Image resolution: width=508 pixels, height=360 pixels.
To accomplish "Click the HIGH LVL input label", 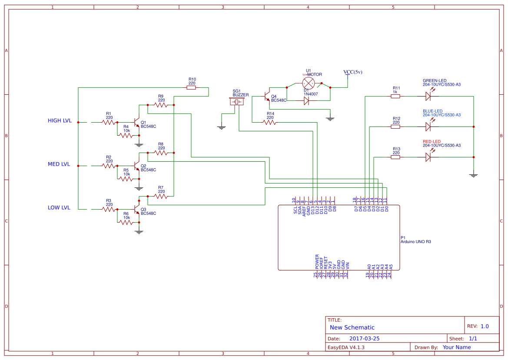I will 60,121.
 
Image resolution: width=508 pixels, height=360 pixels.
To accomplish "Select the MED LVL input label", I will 59,164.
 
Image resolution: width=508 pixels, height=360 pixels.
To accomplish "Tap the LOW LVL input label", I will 59,208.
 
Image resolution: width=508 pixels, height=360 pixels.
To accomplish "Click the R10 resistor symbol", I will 191,88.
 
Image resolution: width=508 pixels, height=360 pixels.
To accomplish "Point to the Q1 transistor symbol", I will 136,123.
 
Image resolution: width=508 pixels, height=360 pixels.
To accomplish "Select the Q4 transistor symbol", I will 266,98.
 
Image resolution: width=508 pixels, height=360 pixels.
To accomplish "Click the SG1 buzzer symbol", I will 237,102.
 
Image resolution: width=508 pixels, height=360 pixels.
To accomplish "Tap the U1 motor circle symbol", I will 308,83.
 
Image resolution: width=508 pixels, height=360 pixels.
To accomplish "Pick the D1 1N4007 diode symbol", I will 306,101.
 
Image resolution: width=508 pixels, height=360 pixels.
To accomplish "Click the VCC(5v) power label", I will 352,72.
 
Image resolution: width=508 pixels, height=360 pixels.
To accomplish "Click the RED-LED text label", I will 432,142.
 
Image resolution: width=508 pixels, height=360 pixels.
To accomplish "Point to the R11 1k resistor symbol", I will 395,97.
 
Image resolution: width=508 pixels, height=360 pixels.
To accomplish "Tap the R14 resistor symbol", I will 270,123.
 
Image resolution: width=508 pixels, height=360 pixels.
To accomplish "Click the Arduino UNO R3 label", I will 415,241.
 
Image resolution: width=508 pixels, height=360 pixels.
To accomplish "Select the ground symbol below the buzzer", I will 222,127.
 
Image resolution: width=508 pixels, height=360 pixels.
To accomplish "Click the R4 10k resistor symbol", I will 126,136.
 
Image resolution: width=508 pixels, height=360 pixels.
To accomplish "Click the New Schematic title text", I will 352,327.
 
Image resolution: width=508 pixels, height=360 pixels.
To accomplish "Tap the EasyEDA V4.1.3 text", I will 346,347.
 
